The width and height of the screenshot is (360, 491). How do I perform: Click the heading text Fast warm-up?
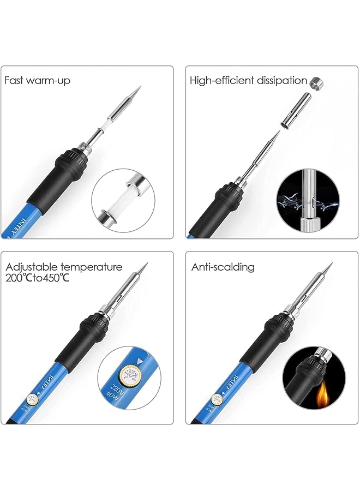tap(38, 81)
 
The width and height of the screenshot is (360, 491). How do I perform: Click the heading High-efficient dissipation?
tap(248, 81)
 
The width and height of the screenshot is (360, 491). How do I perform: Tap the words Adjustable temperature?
tap(64, 267)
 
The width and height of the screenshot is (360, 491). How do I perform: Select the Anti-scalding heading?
tap(223, 267)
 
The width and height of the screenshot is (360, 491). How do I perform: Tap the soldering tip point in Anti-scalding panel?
tap(331, 265)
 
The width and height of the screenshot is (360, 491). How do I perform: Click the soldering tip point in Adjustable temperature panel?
tap(146, 265)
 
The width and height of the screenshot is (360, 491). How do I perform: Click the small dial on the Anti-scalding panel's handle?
tap(217, 400)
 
